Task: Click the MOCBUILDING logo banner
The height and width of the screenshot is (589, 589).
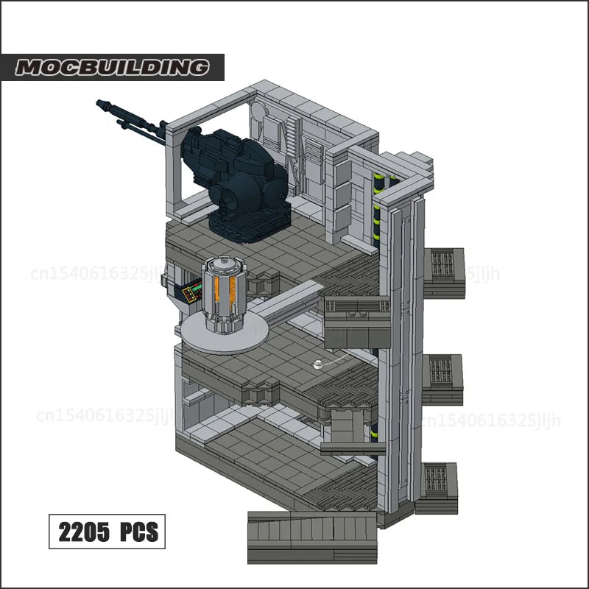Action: (112, 67)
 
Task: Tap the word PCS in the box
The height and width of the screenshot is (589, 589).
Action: (138, 532)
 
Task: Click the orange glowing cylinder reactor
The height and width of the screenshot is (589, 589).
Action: (225, 294)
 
